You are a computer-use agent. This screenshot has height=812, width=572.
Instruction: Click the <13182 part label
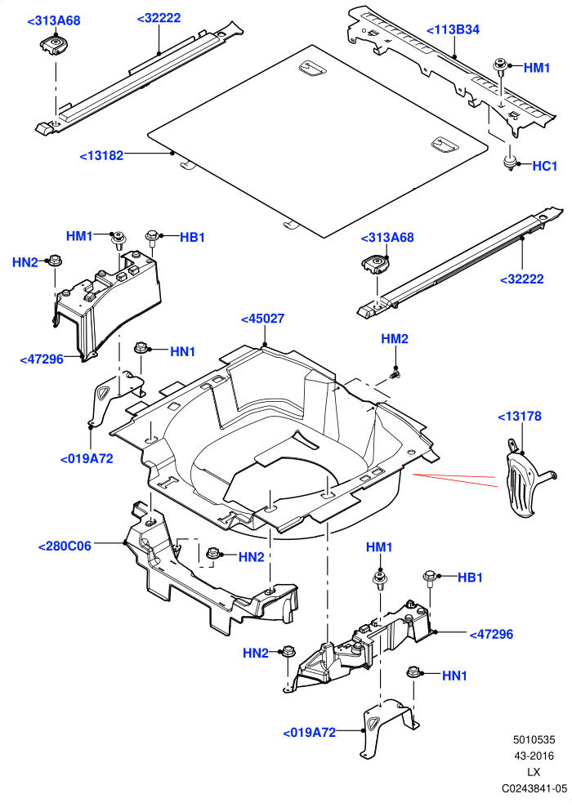pos(101,155)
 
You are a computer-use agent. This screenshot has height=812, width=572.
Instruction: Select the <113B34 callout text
pos(453,29)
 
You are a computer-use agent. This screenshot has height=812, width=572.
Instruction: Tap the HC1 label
pos(544,166)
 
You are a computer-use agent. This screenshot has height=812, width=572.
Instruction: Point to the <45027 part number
pos(262,319)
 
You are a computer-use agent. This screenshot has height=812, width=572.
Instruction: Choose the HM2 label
pos(395,339)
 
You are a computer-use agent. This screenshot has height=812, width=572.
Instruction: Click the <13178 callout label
pos(519,417)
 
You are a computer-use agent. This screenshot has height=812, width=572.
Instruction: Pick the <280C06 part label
pos(65,546)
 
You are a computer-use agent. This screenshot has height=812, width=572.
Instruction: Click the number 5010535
pos(534,741)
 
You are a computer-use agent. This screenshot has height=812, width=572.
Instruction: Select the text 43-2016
pos(534,756)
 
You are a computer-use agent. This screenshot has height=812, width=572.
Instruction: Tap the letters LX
pos(534,772)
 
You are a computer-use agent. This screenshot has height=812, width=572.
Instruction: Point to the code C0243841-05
pos(534,788)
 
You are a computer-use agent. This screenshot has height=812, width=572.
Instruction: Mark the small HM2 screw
pos(395,373)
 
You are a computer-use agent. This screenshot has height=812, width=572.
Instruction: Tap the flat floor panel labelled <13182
pos(317,141)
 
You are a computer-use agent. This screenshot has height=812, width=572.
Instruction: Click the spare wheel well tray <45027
pos(275,440)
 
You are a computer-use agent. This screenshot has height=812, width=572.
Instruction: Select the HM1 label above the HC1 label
pos(537,68)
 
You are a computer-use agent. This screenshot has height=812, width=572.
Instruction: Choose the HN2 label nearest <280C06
pos(252,557)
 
